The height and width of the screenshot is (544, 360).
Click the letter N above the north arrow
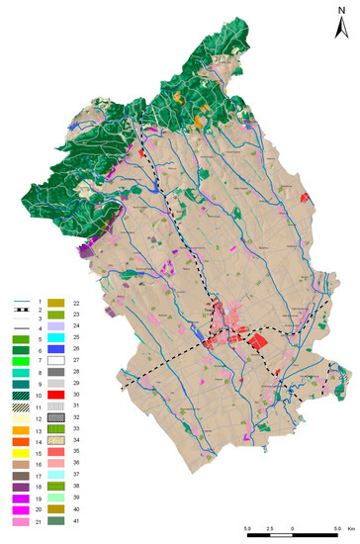click(x=339, y=9)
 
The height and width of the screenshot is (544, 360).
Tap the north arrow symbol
click(x=339, y=27)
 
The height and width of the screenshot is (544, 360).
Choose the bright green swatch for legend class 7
click(x=19, y=360)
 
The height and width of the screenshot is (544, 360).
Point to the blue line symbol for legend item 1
click(x=19, y=300)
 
